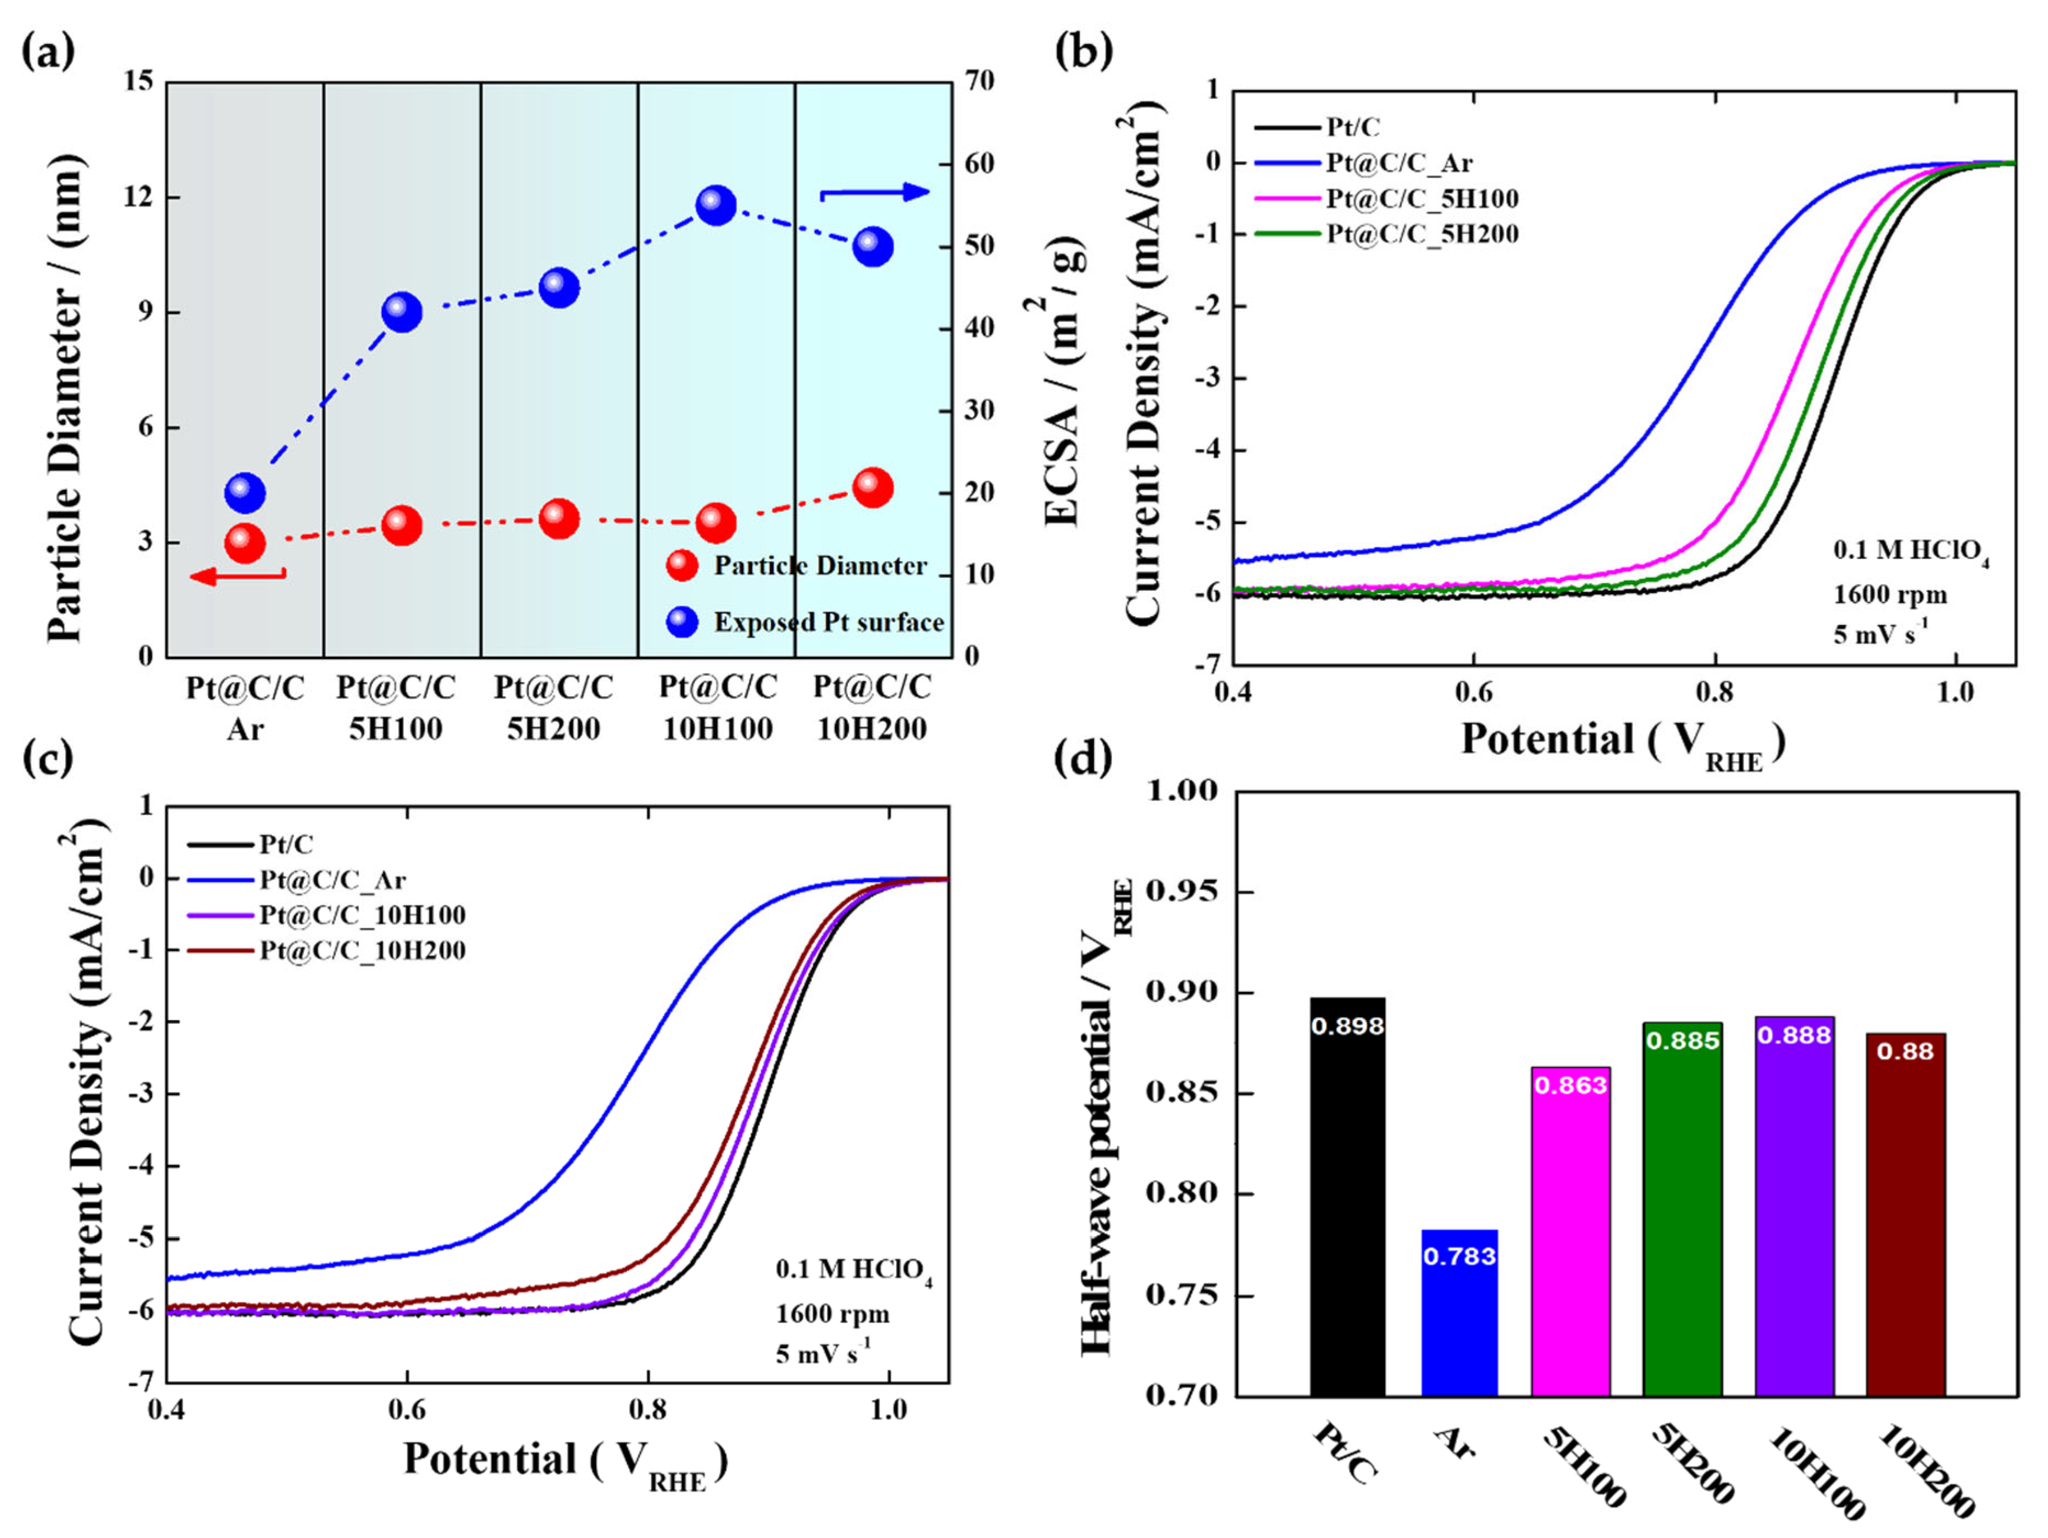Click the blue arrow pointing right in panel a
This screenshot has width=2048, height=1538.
pyautogui.click(x=874, y=192)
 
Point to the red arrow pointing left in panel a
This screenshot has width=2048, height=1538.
pyautogui.click(x=237, y=577)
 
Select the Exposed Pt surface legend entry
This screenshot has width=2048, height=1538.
pyautogui.click(x=806, y=622)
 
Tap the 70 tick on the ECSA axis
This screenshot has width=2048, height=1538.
pyautogui.click(x=978, y=81)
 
